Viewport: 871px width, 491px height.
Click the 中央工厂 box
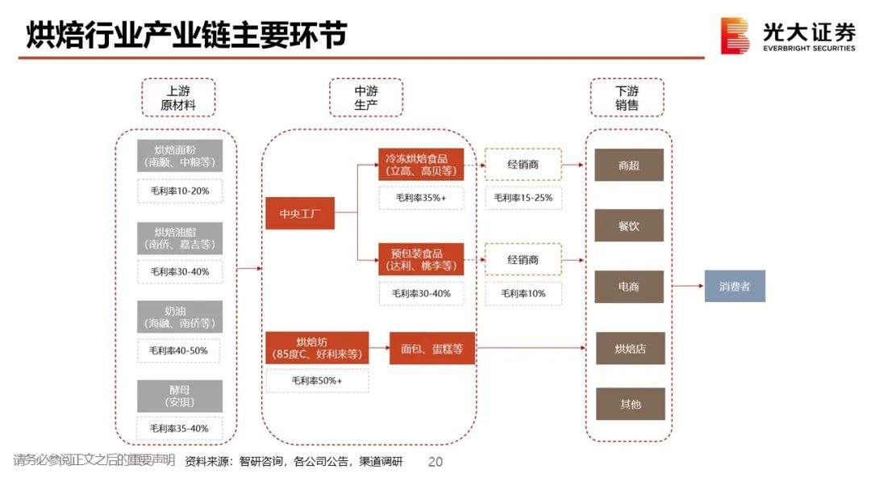coord(300,213)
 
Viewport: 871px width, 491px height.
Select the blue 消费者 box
coord(735,286)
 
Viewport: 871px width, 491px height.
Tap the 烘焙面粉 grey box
coord(179,155)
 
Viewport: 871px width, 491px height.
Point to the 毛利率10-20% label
coord(179,191)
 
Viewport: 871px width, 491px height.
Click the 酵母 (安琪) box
coord(179,395)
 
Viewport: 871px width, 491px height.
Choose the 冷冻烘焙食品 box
coord(421,164)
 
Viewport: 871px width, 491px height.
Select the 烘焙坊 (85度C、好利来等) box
coord(317,347)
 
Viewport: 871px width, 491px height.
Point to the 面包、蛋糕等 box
coord(432,348)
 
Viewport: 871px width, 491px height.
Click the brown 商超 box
coord(629,165)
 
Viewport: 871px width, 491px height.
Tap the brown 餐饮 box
coord(629,225)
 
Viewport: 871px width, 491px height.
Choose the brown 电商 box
coord(629,287)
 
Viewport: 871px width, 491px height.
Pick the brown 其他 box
coord(629,404)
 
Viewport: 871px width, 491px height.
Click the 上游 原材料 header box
coord(178,98)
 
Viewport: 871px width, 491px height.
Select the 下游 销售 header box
coord(627,98)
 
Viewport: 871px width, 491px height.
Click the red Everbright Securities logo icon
coord(735,36)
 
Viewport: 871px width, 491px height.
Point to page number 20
coord(435,462)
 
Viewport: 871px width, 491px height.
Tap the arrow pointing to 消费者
coord(686,286)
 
